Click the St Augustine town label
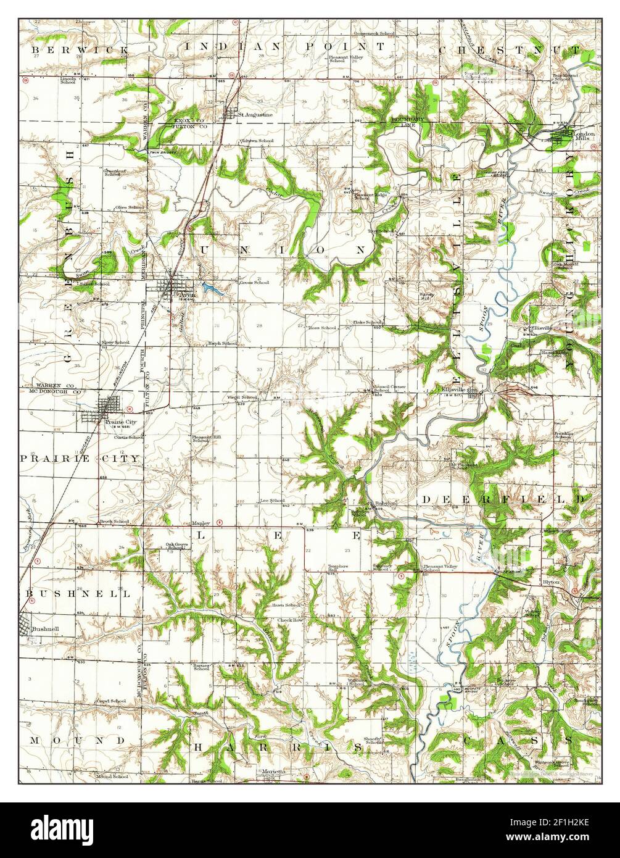click(255, 115)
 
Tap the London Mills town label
click(584, 136)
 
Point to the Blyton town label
click(551, 581)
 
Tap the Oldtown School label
click(257, 141)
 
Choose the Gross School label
click(254, 283)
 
